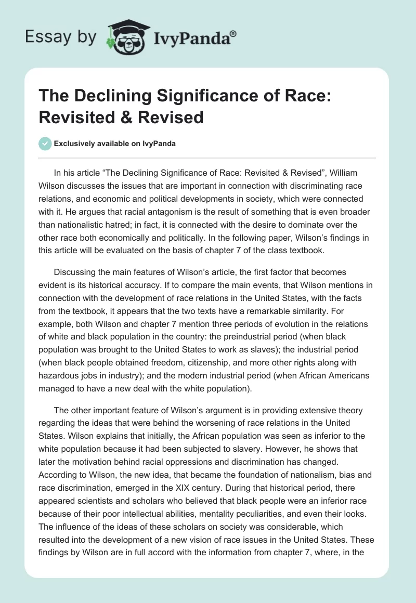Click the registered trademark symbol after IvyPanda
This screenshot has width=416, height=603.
(233, 34)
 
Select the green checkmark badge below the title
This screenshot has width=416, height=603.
(46, 143)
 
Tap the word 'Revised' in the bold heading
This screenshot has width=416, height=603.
(172, 117)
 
